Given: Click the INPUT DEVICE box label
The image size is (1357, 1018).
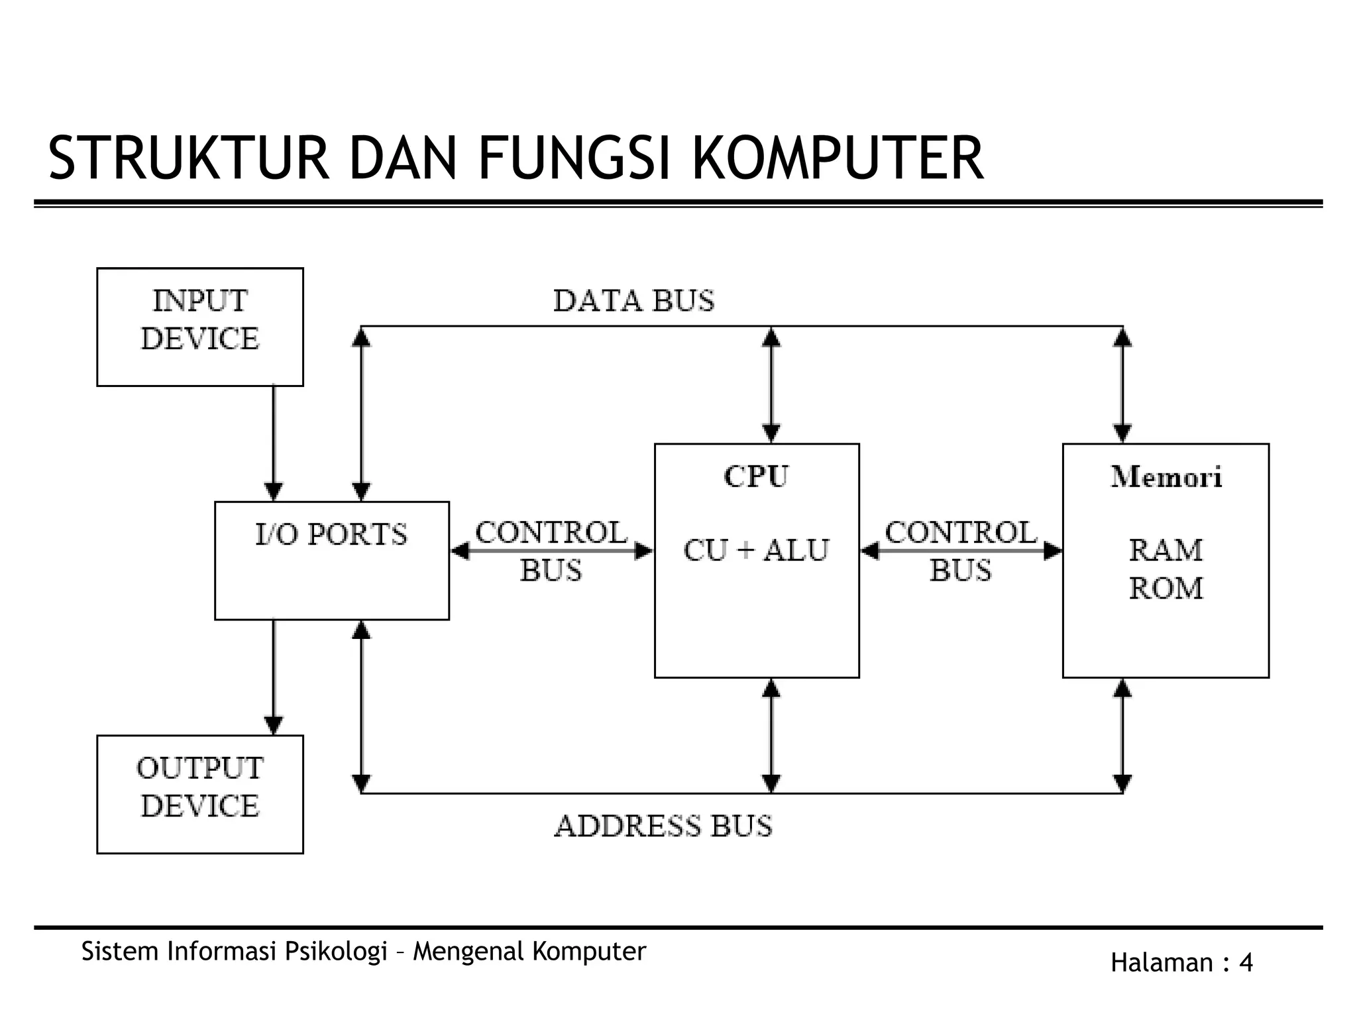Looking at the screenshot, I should (x=199, y=319).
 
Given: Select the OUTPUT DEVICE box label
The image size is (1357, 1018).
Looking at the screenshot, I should (x=199, y=787).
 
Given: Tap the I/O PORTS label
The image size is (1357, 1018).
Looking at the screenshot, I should (x=331, y=534).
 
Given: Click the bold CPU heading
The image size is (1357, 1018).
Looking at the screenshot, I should (x=756, y=477).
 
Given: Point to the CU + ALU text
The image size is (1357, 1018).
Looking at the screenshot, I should (x=756, y=550).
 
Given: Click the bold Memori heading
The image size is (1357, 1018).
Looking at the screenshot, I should (x=1166, y=477).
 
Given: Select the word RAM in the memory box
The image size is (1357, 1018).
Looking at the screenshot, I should (x=1166, y=550).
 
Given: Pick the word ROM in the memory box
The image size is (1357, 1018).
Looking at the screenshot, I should (x=1166, y=588).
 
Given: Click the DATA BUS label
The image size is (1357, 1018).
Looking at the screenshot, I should (x=633, y=301).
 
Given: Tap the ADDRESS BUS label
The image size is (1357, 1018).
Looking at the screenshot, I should (x=663, y=826).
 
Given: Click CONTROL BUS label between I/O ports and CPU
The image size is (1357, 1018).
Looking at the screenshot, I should (x=551, y=550).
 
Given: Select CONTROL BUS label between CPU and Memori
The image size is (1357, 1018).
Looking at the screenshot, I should (x=961, y=550).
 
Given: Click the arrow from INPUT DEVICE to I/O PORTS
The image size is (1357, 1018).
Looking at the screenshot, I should (x=274, y=443).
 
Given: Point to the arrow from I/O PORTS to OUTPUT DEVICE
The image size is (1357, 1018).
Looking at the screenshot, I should (x=274, y=676).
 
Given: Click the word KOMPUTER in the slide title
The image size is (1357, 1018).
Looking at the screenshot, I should (x=838, y=158).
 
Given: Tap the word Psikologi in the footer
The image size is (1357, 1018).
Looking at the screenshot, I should (x=336, y=951).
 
